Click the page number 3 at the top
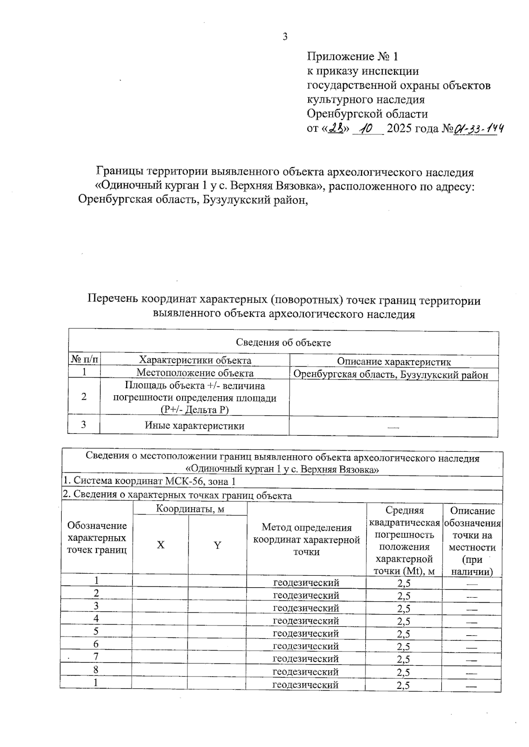285,37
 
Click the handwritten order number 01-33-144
479,129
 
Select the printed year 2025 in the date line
401,129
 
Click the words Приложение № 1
352,56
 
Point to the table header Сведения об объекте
283,342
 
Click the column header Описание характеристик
394,362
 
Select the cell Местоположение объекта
195,373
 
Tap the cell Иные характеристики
194,426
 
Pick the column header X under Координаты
161,545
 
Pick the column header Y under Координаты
217,545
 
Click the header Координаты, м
190,509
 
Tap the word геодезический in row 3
306,608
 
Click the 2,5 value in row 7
403,659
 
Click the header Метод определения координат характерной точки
306,539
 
